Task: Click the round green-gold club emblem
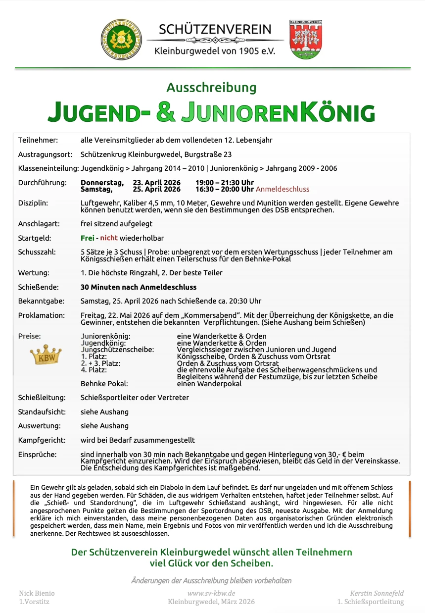click(121, 39)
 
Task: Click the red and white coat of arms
click(306, 40)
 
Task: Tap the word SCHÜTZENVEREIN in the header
click(215, 29)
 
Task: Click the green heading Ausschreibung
click(211, 88)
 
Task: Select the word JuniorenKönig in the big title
click(278, 112)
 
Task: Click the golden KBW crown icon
click(46, 356)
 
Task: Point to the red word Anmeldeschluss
click(283, 189)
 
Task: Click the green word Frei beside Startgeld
click(87, 238)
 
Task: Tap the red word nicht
click(109, 238)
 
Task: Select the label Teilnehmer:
click(38, 140)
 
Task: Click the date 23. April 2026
click(157, 183)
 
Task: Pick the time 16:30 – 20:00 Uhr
click(224, 189)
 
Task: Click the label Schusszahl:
click(37, 252)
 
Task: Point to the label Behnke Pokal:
click(104, 383)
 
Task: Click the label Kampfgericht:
click(40, 440)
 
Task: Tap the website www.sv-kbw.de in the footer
click(211, 593)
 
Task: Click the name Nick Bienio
click(37, 593)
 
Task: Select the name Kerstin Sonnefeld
click(377, 593)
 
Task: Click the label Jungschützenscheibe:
click(117, 350)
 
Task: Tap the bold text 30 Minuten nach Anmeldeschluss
click(139, 287)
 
